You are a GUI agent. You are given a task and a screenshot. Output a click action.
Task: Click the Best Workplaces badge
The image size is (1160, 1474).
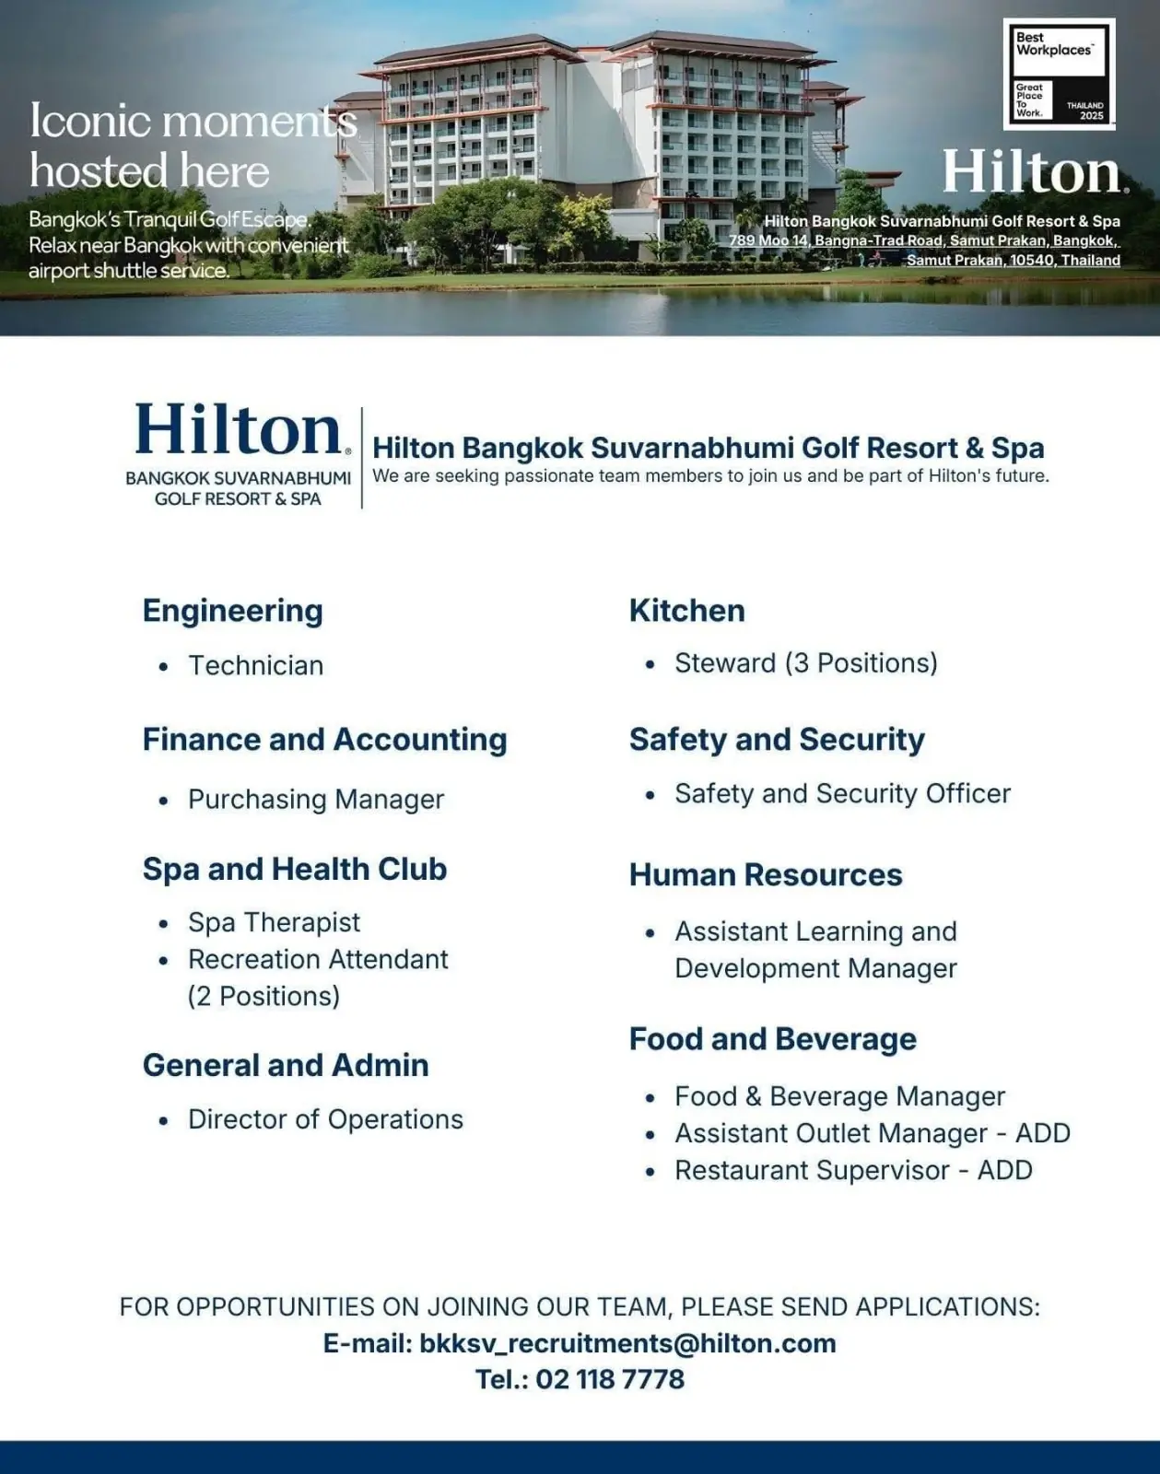(x=1058, y=75)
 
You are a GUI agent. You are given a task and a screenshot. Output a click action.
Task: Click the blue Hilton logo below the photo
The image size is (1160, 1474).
(x=240, y=431)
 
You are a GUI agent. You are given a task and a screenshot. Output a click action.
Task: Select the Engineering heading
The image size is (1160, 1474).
(x=232, y=611)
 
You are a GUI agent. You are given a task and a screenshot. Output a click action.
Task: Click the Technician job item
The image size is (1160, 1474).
(x=255, y=665)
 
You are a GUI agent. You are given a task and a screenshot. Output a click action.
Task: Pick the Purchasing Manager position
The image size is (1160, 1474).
(x=315, y=799)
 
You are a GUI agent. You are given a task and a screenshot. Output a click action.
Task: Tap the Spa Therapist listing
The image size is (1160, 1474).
(x=274, y=922)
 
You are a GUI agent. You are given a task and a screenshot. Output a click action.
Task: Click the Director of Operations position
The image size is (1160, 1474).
(x=325, y=1119)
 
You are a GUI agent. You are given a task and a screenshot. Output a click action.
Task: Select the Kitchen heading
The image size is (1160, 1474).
(x=686, y=611)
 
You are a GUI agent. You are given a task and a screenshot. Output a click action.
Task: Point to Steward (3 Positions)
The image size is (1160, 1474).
(x=805, y=663)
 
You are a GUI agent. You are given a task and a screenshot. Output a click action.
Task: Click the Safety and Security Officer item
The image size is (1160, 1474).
(x=842, y=793)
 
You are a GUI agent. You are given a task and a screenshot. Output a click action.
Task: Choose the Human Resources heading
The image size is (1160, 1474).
(x=765, y=874)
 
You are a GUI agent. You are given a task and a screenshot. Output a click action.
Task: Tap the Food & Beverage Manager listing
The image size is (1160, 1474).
(x=839, y=1096)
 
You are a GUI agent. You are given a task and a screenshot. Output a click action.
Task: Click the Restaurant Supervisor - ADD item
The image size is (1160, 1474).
(x=853, y=1170)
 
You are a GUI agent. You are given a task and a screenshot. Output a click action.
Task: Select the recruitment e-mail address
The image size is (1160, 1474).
(x=627, y=1343)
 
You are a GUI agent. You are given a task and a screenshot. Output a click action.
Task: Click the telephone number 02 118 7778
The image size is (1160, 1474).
(x=610, y=1379)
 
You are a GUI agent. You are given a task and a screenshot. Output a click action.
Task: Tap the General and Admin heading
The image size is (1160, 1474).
(x=286, y=1065)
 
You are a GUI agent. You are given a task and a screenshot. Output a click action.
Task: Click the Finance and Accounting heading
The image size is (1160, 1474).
(x=324, y=740)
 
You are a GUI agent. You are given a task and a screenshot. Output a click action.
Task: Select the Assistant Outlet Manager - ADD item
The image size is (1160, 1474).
(x=872, y=1133)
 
